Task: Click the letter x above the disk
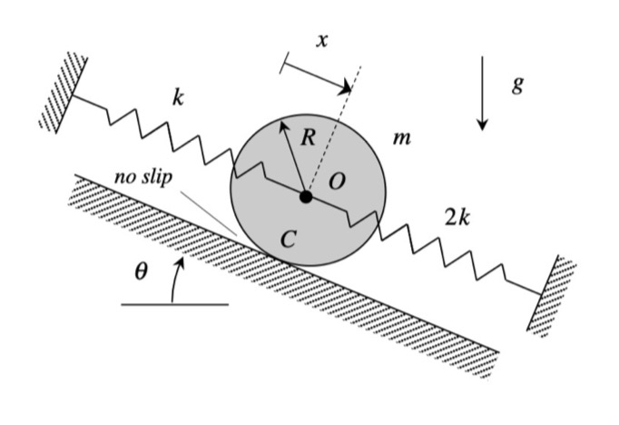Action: (321, 39)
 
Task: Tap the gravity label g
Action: (518, 84)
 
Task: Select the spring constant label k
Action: (178, 99)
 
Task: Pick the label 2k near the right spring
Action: (457, 218)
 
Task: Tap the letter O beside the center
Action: (337, 182)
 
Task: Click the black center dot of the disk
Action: (306, 195)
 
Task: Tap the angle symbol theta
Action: (140, 272)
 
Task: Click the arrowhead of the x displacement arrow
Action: (348, 88)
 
